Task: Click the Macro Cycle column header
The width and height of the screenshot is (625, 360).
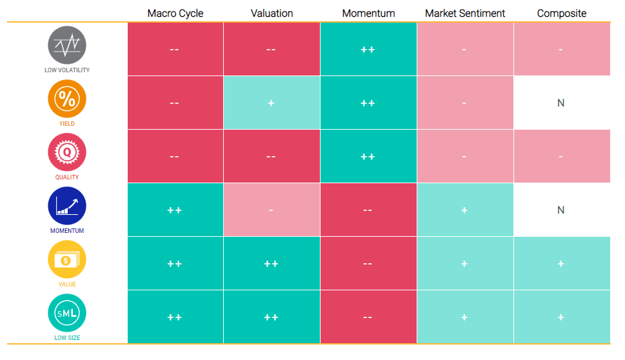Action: (x=175, y=13)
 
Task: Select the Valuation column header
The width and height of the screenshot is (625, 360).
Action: (x=272, y=13)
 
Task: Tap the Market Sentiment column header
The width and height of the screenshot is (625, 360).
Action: (x=465, y=13)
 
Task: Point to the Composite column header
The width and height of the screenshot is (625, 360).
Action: (x=562, y=13)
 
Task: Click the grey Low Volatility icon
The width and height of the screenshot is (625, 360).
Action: (x=67, y=45)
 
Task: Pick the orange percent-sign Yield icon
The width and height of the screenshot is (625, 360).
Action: (x=67, y=99)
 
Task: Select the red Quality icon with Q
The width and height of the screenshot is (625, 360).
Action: (x=67, y=152)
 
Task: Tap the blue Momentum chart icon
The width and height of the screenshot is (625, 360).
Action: (x=67, y=206)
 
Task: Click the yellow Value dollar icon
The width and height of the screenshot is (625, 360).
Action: (x=67, y=259)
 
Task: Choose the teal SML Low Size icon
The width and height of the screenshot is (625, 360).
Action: (x=67, y=313)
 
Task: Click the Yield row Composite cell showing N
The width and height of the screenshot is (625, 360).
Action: (x=562, y=103)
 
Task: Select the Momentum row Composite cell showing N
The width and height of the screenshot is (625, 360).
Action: (x=562, y=210)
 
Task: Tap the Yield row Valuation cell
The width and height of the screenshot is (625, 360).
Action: (x=272, y=103)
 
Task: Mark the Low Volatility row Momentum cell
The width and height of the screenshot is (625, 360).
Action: (x=368, y=49)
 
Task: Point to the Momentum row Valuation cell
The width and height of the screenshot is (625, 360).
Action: (x=272, y=210)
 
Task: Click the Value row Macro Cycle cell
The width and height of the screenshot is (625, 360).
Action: (x=175, y=263)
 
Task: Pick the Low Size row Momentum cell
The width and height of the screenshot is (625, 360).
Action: (x=368, y=317)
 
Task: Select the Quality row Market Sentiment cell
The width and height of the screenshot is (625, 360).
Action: (x=465, y=156)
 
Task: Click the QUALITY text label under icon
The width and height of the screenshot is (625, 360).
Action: (x=67, y=177)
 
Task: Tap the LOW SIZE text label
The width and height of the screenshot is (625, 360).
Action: (x=67, y=337)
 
